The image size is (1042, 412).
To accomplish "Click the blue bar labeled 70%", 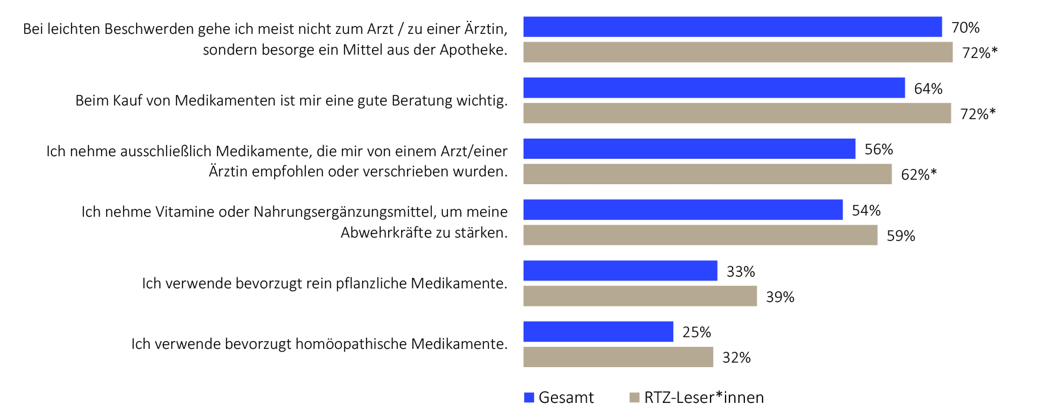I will coord(732,27).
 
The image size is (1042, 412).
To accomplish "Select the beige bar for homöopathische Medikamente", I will coord(618,357).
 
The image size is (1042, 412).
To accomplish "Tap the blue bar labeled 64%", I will coord(714,88).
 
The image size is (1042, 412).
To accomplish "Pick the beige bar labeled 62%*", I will coord(707,174).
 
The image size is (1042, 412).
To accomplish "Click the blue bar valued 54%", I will coord(683,210).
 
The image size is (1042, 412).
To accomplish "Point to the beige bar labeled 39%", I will coord(640,297).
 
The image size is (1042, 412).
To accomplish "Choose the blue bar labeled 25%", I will coord(598,332).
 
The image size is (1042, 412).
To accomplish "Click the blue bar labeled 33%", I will coord(620,271).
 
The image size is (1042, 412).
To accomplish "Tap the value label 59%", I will coord(901,236).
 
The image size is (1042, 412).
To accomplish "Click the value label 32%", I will coord(737,358).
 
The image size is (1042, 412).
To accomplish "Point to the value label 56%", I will coord(879,150).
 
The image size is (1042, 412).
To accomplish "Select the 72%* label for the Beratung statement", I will coord(978,115).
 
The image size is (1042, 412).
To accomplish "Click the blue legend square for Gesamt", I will coord(529,398).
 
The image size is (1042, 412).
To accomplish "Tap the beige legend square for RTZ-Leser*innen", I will coord(634,398).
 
